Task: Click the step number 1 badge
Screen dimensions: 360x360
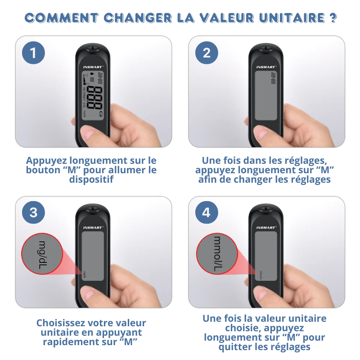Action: coord(34,53)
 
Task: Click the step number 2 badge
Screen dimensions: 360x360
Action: coord(207,53)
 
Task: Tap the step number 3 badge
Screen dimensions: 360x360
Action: coord(34,212)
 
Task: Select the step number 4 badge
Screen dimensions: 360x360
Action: coord(207,212)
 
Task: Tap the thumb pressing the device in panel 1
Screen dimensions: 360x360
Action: coord(88,133)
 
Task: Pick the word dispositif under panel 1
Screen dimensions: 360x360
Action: coord(91,180)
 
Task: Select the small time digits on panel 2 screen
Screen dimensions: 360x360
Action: coord(273,78)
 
